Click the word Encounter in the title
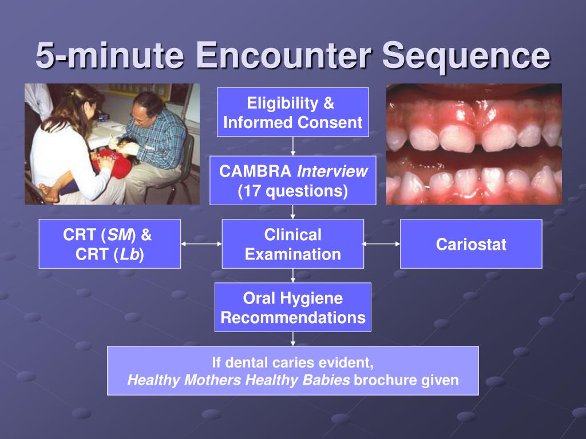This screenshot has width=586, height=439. coord(284,55)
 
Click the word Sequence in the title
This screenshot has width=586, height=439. coord(466,55)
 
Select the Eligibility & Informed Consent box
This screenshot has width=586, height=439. coord(292,113)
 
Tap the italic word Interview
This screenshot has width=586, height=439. coord(332,171)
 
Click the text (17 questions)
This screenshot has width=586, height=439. coord(292,191)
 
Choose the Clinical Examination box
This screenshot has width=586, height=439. coord(292,244)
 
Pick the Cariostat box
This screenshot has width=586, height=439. coord(470,244)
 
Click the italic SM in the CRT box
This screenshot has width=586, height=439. coord(121,235)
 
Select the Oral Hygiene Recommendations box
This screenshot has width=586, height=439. coord(292,308)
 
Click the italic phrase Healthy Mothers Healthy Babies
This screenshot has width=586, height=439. coord(238,380)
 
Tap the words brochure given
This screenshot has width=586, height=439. coord(406,380)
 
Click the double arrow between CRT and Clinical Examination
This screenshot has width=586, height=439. coord(201,244)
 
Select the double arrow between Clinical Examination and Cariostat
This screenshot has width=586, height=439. coord(382,244)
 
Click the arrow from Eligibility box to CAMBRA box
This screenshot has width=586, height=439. coord(292,146)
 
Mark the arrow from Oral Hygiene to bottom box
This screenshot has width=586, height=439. coord(292,339)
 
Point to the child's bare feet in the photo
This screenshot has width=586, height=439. coord(49,193)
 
